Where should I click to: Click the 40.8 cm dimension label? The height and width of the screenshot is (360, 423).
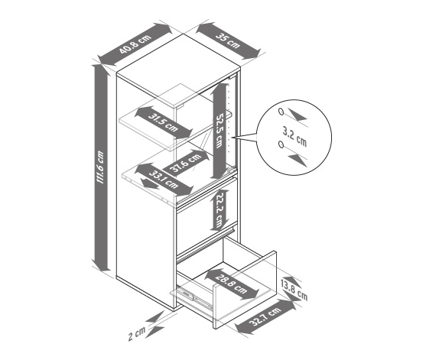click(135, 44)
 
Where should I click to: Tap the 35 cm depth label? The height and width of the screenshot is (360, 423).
click(228, 41)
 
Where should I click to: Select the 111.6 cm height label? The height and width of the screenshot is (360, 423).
click(100, 168)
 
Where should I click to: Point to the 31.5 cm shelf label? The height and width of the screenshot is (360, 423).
click(163, 123)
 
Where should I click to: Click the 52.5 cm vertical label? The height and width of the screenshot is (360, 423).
click(219, 130)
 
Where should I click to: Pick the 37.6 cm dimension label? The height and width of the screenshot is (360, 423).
click(187, 163)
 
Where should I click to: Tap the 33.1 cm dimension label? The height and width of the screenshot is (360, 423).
click(163, 180)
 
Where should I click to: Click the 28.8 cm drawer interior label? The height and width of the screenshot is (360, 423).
click(232, 284)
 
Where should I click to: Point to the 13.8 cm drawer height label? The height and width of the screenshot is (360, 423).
click(294, 290)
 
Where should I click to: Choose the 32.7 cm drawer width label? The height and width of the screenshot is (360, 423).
click(265, 317)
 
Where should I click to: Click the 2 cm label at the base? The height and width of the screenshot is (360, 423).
click(137, 334)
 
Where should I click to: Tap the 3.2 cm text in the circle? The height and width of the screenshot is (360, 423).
click(294, 136)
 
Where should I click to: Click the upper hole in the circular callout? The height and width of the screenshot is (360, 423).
click(281, 112)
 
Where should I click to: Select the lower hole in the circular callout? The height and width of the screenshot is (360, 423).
click(281, 144)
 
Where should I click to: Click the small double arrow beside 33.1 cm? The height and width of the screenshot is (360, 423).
click(151, 183)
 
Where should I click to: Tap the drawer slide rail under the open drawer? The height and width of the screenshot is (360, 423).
click(194, 297)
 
